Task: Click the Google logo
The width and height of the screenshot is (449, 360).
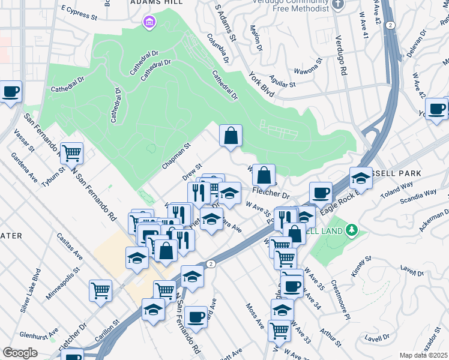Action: (20, 353)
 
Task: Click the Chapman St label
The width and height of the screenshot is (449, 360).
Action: (176, 156)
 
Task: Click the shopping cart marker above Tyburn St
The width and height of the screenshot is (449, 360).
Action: (71, 153)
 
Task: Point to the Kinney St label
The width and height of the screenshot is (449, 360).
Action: (363, 268)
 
